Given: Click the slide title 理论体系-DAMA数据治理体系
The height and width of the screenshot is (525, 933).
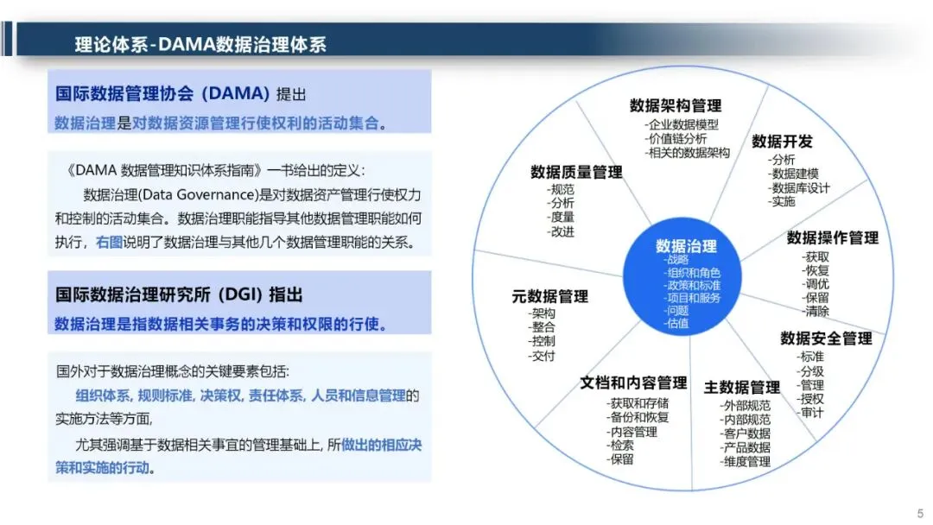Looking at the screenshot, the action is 200,45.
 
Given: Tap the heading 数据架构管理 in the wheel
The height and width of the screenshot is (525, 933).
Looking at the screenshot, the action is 676,106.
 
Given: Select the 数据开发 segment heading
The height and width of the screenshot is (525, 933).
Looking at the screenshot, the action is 782,142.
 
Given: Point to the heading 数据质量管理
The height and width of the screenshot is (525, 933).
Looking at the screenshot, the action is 576,173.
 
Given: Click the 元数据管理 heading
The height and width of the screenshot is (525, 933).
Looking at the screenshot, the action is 549,296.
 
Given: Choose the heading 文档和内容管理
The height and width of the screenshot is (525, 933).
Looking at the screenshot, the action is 634,383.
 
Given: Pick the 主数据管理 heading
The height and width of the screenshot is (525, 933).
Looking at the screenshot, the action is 741,388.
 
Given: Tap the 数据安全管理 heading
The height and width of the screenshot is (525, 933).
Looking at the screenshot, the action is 826,338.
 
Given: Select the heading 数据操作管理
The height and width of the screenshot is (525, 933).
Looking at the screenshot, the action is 833,237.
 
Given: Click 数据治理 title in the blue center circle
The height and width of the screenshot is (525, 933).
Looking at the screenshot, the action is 686,246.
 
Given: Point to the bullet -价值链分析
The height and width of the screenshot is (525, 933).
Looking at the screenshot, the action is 676,138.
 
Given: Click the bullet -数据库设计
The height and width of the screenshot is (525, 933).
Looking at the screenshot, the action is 798,188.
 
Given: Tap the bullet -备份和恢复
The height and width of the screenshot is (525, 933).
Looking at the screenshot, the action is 638,417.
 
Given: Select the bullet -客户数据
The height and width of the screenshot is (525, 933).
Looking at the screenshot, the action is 745,433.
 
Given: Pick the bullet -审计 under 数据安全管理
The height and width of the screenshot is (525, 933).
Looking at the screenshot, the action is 810,413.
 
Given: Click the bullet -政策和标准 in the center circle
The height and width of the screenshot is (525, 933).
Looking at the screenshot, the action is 692,286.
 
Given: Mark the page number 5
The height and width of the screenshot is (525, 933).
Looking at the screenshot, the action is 921,513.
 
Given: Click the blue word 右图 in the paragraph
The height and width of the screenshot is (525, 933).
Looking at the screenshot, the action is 109,243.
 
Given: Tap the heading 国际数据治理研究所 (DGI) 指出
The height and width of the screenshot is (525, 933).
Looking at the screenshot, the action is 179,295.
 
